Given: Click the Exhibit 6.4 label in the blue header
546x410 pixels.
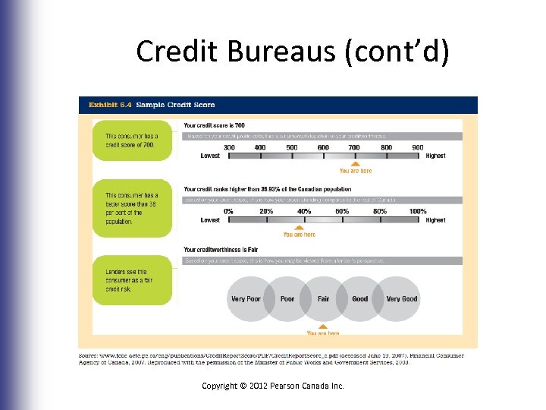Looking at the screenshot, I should click(x=108, y=105).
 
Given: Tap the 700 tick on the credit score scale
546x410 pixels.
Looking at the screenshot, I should click(x=355, y=147).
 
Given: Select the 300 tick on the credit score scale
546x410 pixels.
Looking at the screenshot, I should click(x=229, y=147).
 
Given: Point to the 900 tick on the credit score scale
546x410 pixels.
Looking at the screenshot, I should click(x=418, y=147).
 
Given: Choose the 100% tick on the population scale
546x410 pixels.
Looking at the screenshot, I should click(x=418, y=212).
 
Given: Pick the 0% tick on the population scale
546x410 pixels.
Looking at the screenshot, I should click(x=229, y=212).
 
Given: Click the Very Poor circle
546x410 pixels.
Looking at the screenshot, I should click(x=246, y=298).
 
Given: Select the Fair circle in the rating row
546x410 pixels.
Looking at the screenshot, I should click(x=324, y=298).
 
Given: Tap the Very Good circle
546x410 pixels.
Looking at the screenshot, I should click(x=402, y=298).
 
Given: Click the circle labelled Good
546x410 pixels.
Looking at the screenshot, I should click(x=360, y=298).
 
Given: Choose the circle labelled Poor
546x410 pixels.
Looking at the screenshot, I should click(x=287, y=298).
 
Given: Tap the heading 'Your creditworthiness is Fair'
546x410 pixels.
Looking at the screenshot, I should click(x=221, y=250).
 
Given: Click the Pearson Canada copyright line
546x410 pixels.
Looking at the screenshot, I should click(x=273, y=386).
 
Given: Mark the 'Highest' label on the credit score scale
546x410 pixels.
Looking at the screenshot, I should click(x=435, y=156).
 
